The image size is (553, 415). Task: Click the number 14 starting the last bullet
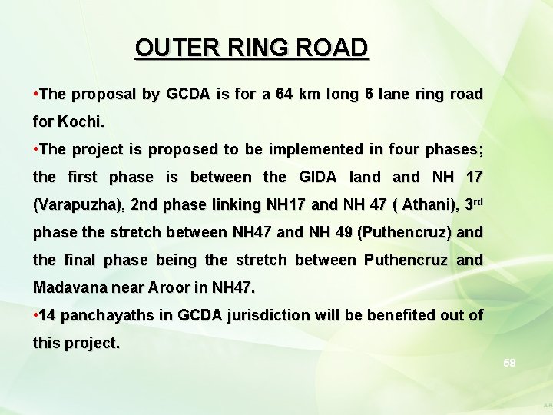(x=47, y=316)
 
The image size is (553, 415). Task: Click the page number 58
(x=509, y=362)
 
